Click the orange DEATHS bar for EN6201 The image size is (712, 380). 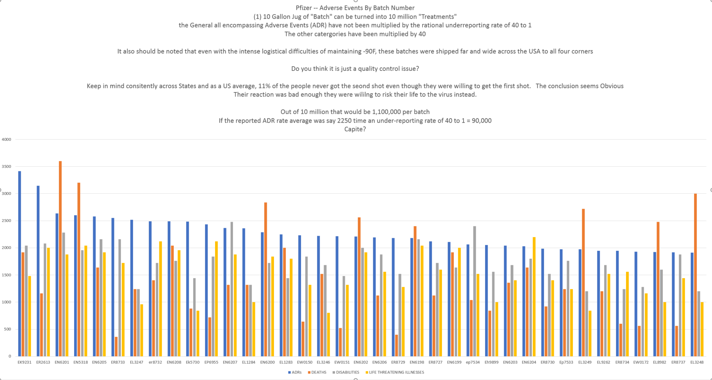(60, 259)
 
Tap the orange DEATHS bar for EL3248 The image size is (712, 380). (695, 275)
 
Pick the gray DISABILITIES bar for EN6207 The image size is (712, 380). (232, 289)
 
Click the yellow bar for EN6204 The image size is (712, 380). (534, 297)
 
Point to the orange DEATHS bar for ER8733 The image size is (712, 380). (117, 347)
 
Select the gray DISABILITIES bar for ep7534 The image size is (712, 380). (475, 291)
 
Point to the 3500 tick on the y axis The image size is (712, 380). (6, 167)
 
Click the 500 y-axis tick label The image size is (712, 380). (7, 329)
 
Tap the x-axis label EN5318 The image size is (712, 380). (81, 362)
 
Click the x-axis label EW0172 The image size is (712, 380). (641, 362)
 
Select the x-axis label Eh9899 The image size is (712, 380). (491, 362)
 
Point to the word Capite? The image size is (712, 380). (355, 129)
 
